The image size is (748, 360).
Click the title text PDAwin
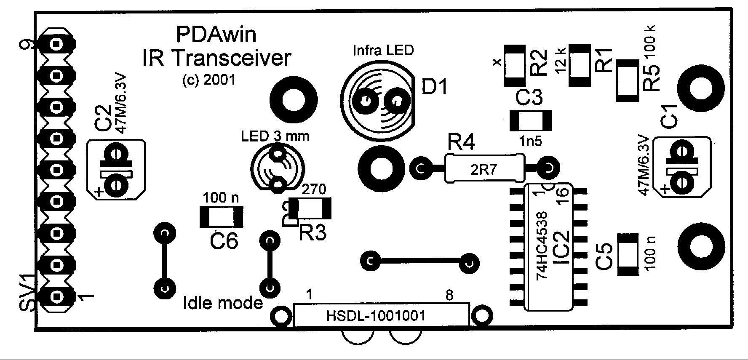click(x=216, y=35)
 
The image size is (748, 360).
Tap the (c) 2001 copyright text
click(x=209, y=80)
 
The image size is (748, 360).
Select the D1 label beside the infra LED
click(x=435, y=87)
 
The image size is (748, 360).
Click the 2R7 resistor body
click(x=484, y=169)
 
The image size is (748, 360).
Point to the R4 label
click(x=461, y=143)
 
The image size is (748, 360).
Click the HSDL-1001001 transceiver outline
click(x=381, y=315)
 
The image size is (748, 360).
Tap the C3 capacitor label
click(x=529, y=99)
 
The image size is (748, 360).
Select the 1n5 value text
click(x=530, y=141)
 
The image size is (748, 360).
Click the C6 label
click(x=224, y=241)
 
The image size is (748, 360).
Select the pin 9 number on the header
click(x=29, y=45)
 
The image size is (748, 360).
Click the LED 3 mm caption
click(x=275, y=136)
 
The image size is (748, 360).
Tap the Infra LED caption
click(x=383, y=51)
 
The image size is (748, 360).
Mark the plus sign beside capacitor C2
click(x=99, y=192)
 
